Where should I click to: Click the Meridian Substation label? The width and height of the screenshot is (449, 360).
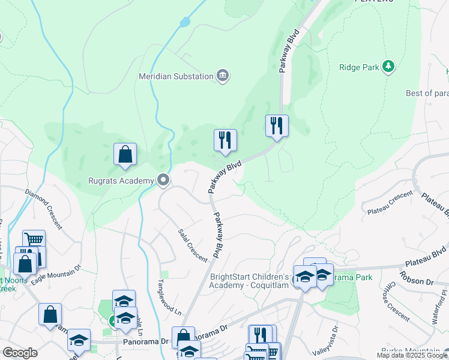[x=176, y=76]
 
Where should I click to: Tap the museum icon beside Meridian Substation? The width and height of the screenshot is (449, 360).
[x=223, y=76]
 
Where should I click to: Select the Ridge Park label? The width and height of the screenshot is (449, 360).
[x=359, y=67]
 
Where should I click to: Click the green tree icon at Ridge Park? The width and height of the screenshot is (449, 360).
[x=389, y=66]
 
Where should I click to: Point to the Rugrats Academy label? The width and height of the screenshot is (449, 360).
[x=122, y=179]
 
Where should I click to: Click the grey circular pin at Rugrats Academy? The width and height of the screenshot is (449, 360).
[x=163, y=179]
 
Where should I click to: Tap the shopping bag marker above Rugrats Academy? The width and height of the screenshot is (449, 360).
[x=125, y=155]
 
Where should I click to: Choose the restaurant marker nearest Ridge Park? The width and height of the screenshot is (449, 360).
[x=277, y=126]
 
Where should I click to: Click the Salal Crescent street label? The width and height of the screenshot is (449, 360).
[x=193, y=245]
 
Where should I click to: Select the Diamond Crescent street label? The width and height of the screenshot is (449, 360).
[x=43, y=209]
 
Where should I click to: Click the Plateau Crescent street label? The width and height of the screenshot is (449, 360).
[x=390, y=202]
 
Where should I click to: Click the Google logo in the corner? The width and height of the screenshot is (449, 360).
[x=20, y=353]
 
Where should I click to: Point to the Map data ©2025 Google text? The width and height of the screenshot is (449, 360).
[x=412, y=355]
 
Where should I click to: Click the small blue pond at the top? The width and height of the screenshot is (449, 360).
[x=184, y=23]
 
